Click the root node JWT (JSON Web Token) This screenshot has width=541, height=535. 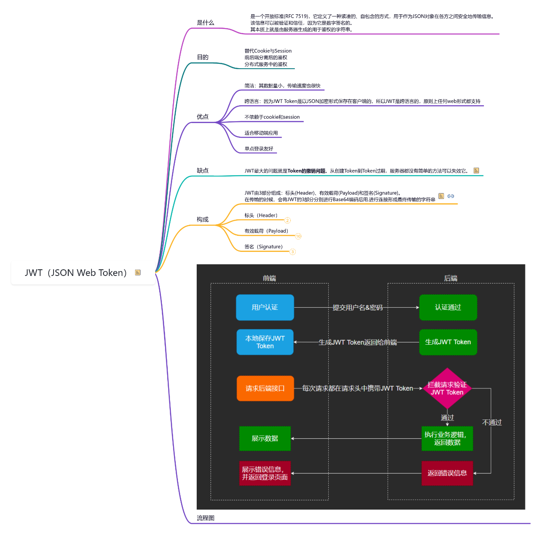point(76,273)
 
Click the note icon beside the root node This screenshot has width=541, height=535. point(138,272)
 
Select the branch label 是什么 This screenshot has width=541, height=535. point(205,23)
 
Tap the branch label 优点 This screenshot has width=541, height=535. point(202,117)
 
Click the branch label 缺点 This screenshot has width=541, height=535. point(202,171)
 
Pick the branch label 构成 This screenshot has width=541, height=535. point(202,220)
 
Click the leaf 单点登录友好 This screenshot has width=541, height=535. point(259,149)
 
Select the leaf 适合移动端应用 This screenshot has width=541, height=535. point(261,133)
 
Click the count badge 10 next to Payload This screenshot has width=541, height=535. point(298,236)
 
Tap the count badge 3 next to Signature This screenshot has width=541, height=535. point(293,252)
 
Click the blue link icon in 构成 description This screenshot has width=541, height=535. point(450,196)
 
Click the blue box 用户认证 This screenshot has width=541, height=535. point(265,308)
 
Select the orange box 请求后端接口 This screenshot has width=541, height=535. point(265,388)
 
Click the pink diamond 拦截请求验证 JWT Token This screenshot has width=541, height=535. point(447,388)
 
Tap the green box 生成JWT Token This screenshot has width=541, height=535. point(448,342)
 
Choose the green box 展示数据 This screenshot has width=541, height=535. point(265,439)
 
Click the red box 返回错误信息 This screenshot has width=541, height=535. point(447,473)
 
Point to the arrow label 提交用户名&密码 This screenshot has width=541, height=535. point(358,308)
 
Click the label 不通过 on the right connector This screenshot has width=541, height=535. point(491,423)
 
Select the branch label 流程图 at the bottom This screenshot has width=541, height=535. point(206,518)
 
